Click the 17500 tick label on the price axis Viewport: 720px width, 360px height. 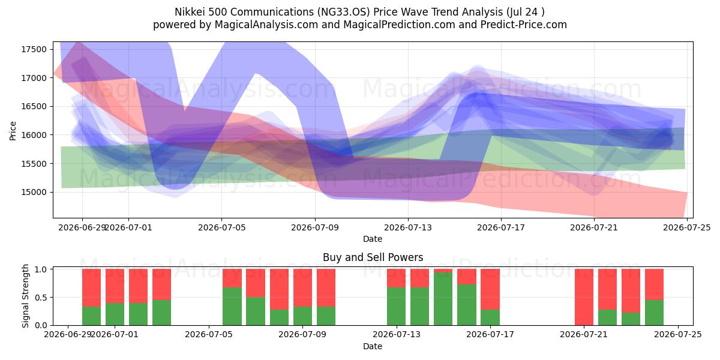[34, 49]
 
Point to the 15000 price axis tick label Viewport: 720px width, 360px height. [34, 192]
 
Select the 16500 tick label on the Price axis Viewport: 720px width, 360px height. [34, 106]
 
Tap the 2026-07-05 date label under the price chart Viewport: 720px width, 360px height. [222, 227]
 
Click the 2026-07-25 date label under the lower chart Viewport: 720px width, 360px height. [678, 334]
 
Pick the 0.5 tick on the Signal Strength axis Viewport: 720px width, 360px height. [41, 298]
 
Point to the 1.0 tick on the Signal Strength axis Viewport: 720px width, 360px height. [41, 269]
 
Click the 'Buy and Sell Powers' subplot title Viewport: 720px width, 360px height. [373, 257]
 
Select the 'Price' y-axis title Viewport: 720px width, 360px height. [13, 131]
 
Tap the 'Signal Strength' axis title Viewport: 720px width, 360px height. [25, 296]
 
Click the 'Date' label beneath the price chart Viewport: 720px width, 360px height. [373, 239]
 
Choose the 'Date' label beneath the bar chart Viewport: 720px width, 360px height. [373, 346]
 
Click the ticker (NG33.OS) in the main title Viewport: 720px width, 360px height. [344, 12]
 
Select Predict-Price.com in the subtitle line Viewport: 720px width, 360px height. [524, 25]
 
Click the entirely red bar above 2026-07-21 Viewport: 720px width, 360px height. [584, 297]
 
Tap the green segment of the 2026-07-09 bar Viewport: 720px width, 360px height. [326, 316]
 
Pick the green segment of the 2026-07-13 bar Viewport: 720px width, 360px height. [396, 307]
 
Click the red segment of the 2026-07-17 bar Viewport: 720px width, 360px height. [490, 289]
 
